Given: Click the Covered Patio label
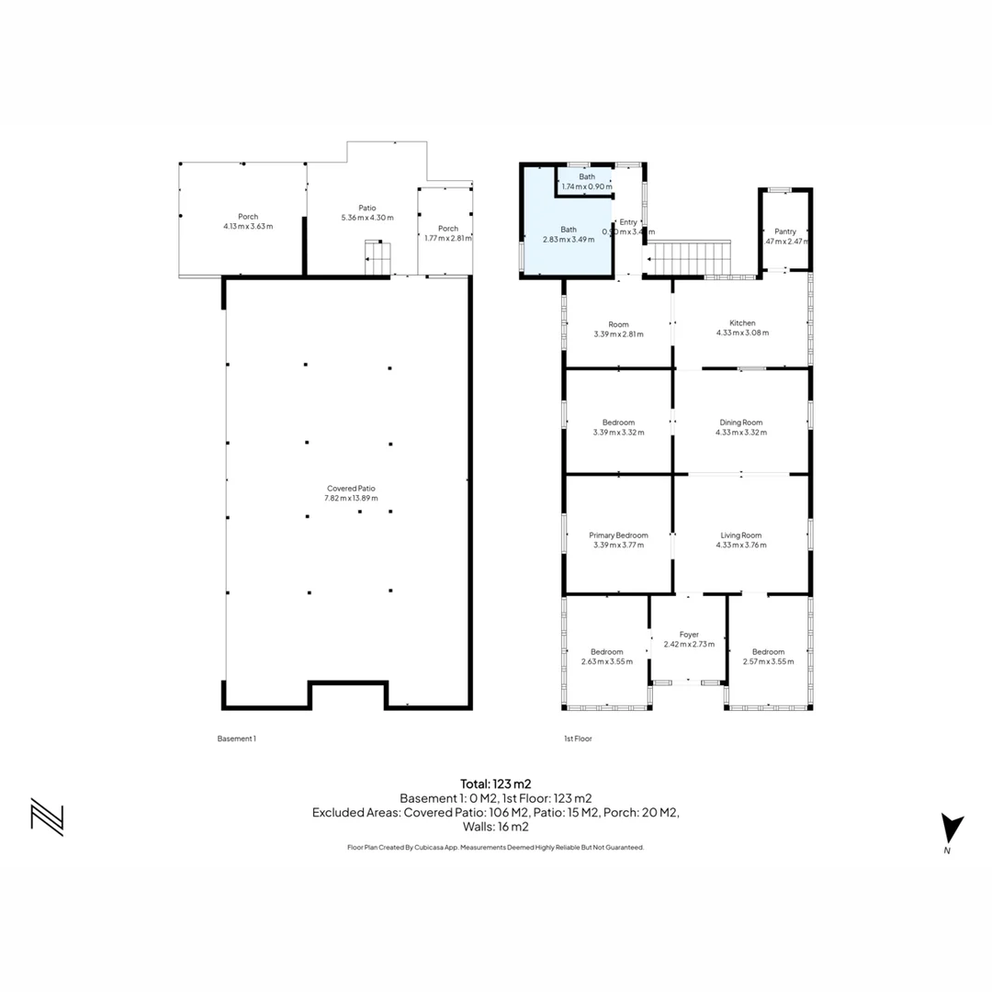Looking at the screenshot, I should click(351, 489).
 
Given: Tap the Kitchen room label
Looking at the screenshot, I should click(742, 323).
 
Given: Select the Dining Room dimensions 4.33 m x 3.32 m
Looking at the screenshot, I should click(741, 432).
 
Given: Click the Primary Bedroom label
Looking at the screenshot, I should click(618, 535).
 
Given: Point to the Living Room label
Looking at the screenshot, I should click(741, 535).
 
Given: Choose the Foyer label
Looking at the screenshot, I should click(689, 635).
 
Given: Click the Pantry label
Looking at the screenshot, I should click(785, 231).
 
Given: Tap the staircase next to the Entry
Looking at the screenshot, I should click(693, 258).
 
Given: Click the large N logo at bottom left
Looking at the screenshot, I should click(47, 817).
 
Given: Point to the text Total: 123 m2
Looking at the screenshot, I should click(496, 784).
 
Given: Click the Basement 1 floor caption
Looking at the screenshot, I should click(236, 738).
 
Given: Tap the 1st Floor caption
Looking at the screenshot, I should click(577, 738).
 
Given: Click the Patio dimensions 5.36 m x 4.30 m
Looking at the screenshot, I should click(366, 218).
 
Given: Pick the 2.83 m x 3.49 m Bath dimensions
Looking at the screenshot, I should click(569, 239).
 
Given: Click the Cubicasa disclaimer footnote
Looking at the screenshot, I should click(496, 848).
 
